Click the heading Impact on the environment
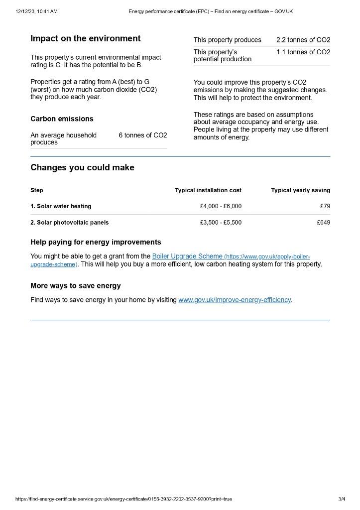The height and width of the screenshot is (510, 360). (x=86, y=39)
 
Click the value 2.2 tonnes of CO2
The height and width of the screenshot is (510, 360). (x=303, y=40)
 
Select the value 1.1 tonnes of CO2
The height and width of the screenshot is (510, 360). (x=303, y=52)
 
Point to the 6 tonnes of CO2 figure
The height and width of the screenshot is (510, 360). (x=143, y=135)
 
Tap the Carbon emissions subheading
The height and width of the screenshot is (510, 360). (x=62, y=119)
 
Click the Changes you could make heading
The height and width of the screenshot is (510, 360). (x=82, y=168)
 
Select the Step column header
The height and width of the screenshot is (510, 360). (x=37, y=190)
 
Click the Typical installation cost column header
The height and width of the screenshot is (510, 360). (x=208, y=190)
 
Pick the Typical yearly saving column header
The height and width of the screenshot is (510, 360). (x=300, y=190)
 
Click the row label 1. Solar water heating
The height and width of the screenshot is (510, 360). (x=61, y=206)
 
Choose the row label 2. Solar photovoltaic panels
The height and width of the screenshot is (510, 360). (x=69, y=223)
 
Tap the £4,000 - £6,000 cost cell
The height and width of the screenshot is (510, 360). (x=221, y=206)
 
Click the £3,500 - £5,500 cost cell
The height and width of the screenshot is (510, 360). (x=221, y=223)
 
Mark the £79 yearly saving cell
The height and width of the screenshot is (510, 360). (x=325, y=206)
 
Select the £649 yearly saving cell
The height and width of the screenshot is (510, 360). (x=323, y=223)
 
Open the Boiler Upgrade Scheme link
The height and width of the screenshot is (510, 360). (x=187, y=256)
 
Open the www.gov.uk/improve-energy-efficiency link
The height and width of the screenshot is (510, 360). (x=235, y=300)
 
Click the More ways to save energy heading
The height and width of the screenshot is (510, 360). (x=76, y=286)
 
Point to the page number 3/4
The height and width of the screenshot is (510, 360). (x=342, y=499)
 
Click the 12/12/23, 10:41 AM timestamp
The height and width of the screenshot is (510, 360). (x=36, y=11)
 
